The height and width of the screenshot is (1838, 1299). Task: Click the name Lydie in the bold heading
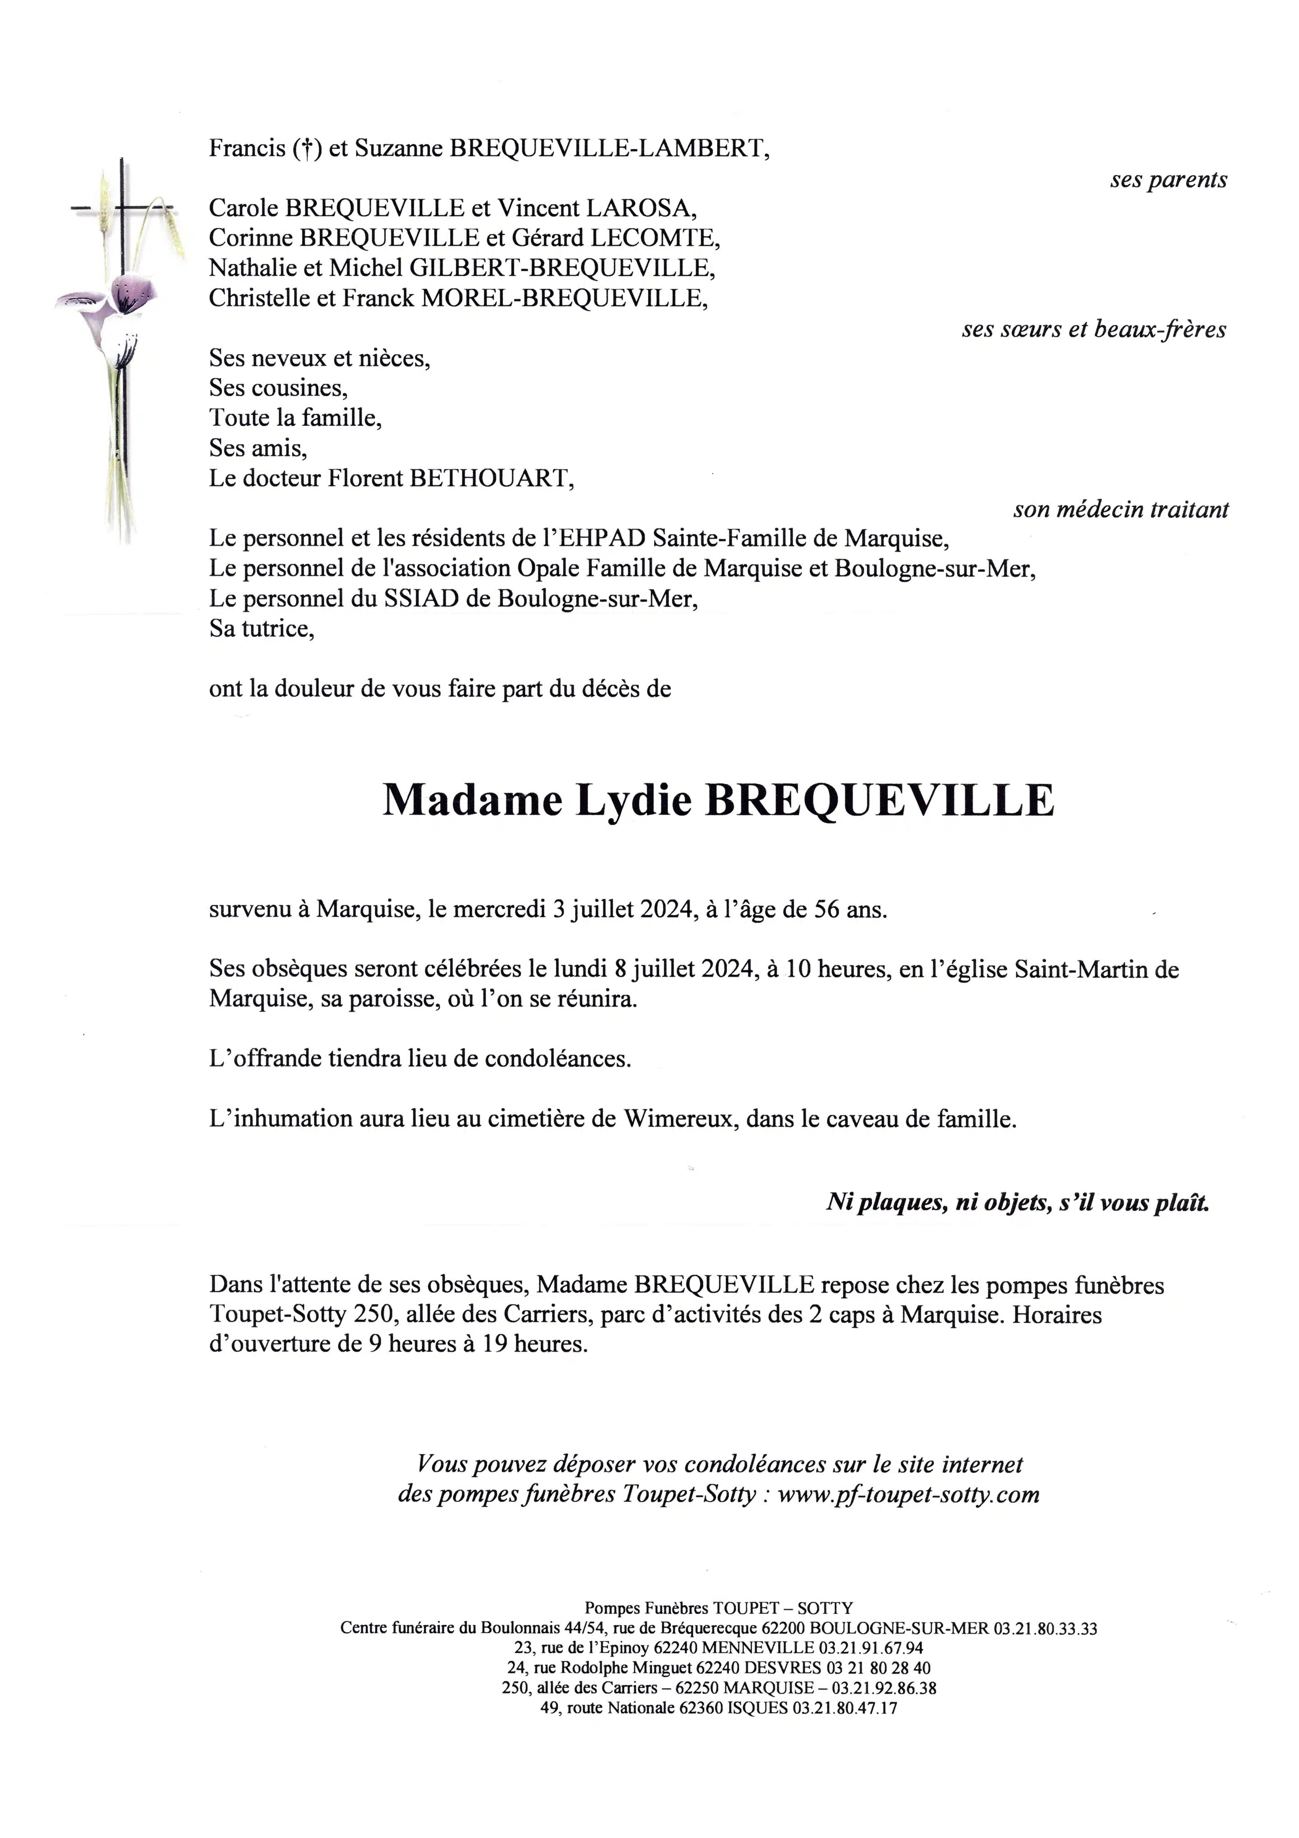pos(633,800)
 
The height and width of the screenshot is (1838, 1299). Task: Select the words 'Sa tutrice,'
pos(262,629)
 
